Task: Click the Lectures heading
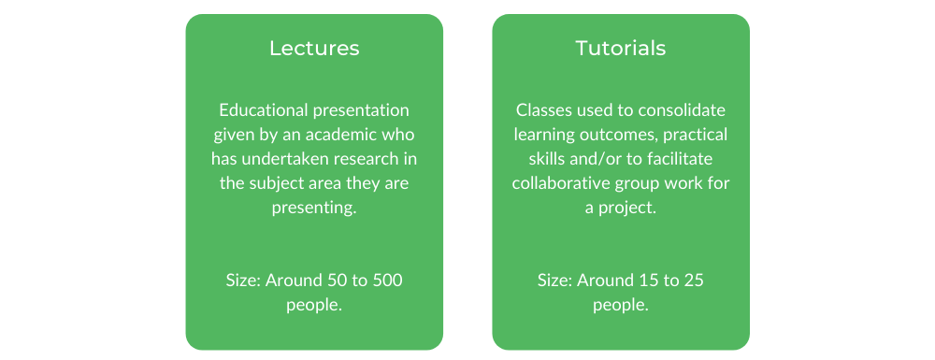[314, 49]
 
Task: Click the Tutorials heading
[620, 49]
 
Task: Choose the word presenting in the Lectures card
[313, 209]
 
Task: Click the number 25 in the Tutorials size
[693, 281]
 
